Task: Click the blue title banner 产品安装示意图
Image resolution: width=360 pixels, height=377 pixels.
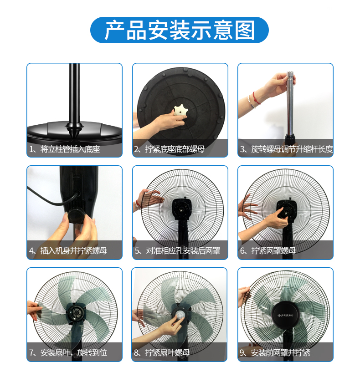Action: coord(180,30)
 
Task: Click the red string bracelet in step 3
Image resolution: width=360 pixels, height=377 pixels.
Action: coord(256,98)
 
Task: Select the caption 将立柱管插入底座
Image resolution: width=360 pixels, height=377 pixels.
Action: coord(70,149)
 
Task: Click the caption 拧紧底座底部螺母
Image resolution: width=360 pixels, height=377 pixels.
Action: coord(175,149)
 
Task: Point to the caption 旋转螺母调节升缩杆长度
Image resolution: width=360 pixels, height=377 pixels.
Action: coord(292,149)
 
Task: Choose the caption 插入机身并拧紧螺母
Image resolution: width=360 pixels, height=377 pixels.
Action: coord(74,251)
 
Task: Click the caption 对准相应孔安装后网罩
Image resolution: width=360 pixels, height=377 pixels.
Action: coord(183,251)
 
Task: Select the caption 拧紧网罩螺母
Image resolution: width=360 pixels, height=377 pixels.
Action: coord(273,251)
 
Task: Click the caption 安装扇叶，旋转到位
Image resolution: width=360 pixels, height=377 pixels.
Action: coord(74,353)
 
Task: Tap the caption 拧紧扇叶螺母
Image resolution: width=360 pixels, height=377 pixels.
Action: coord(168,353)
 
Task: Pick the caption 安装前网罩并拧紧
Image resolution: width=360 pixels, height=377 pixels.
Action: coord(281,353)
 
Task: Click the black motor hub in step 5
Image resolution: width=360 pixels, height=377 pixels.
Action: coord(182,209)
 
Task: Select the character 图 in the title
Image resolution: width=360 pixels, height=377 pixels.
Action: coord(245,31)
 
